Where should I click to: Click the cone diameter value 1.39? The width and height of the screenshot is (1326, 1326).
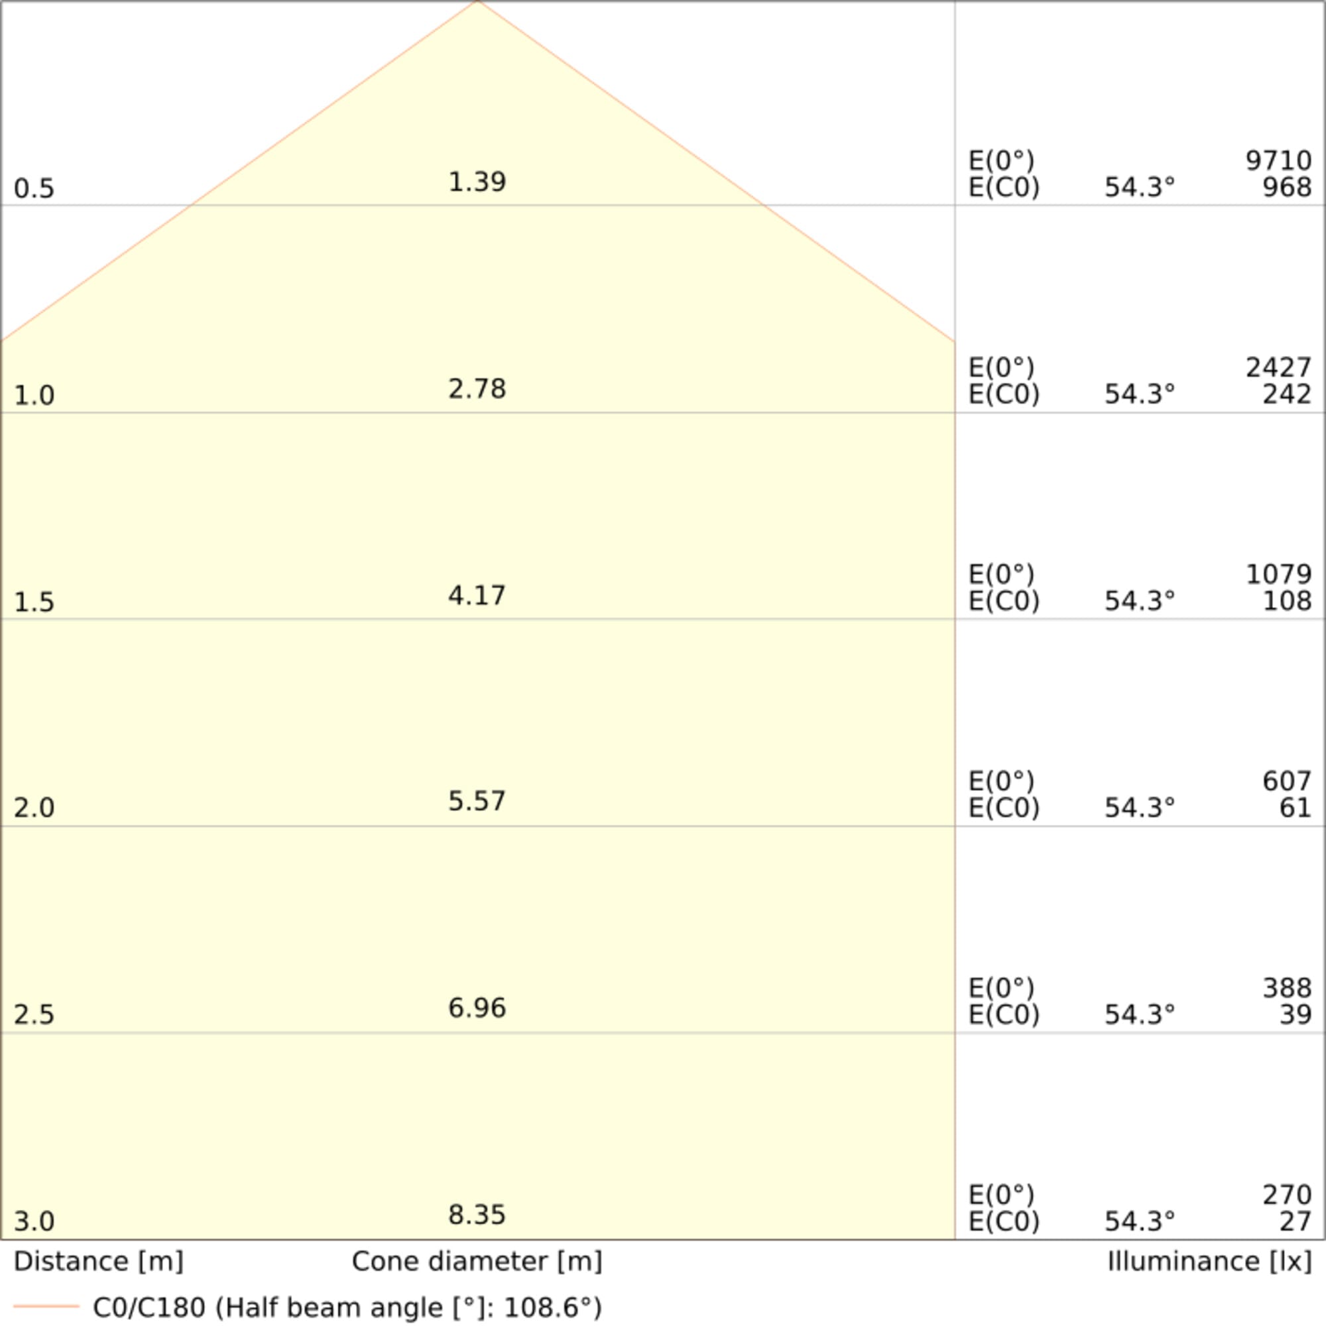(477, 182)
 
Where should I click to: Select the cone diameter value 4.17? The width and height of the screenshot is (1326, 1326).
(477, 595)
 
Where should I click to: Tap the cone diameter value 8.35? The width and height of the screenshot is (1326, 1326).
(477, 1214)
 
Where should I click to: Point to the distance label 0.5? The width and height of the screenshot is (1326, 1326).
(34, 189)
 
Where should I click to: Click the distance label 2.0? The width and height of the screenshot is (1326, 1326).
(34, 808)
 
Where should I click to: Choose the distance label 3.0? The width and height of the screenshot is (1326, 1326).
(34, 1221)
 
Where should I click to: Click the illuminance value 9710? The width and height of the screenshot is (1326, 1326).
(1278, 160)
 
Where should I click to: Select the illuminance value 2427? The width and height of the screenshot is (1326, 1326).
(1278, 368)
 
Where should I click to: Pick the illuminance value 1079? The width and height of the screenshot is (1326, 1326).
(1278, 573)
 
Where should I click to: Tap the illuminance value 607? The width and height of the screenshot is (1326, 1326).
(1286, 781)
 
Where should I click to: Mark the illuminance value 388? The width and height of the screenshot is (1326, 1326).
(1286, 988)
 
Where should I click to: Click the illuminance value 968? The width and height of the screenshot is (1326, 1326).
(1286, 187)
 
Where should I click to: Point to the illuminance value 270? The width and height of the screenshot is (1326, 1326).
(1286, 1195)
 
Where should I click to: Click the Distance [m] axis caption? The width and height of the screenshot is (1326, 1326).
(98, 1262)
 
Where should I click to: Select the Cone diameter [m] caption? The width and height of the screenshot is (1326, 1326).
(477, 1262)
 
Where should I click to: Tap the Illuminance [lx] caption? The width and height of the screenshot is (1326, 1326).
(1209, 1262)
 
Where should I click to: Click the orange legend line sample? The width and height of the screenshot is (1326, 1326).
(46, 1305)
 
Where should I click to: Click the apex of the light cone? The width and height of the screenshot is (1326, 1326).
(477, 2)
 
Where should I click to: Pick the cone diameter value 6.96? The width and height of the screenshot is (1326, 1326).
(477, 1008)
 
